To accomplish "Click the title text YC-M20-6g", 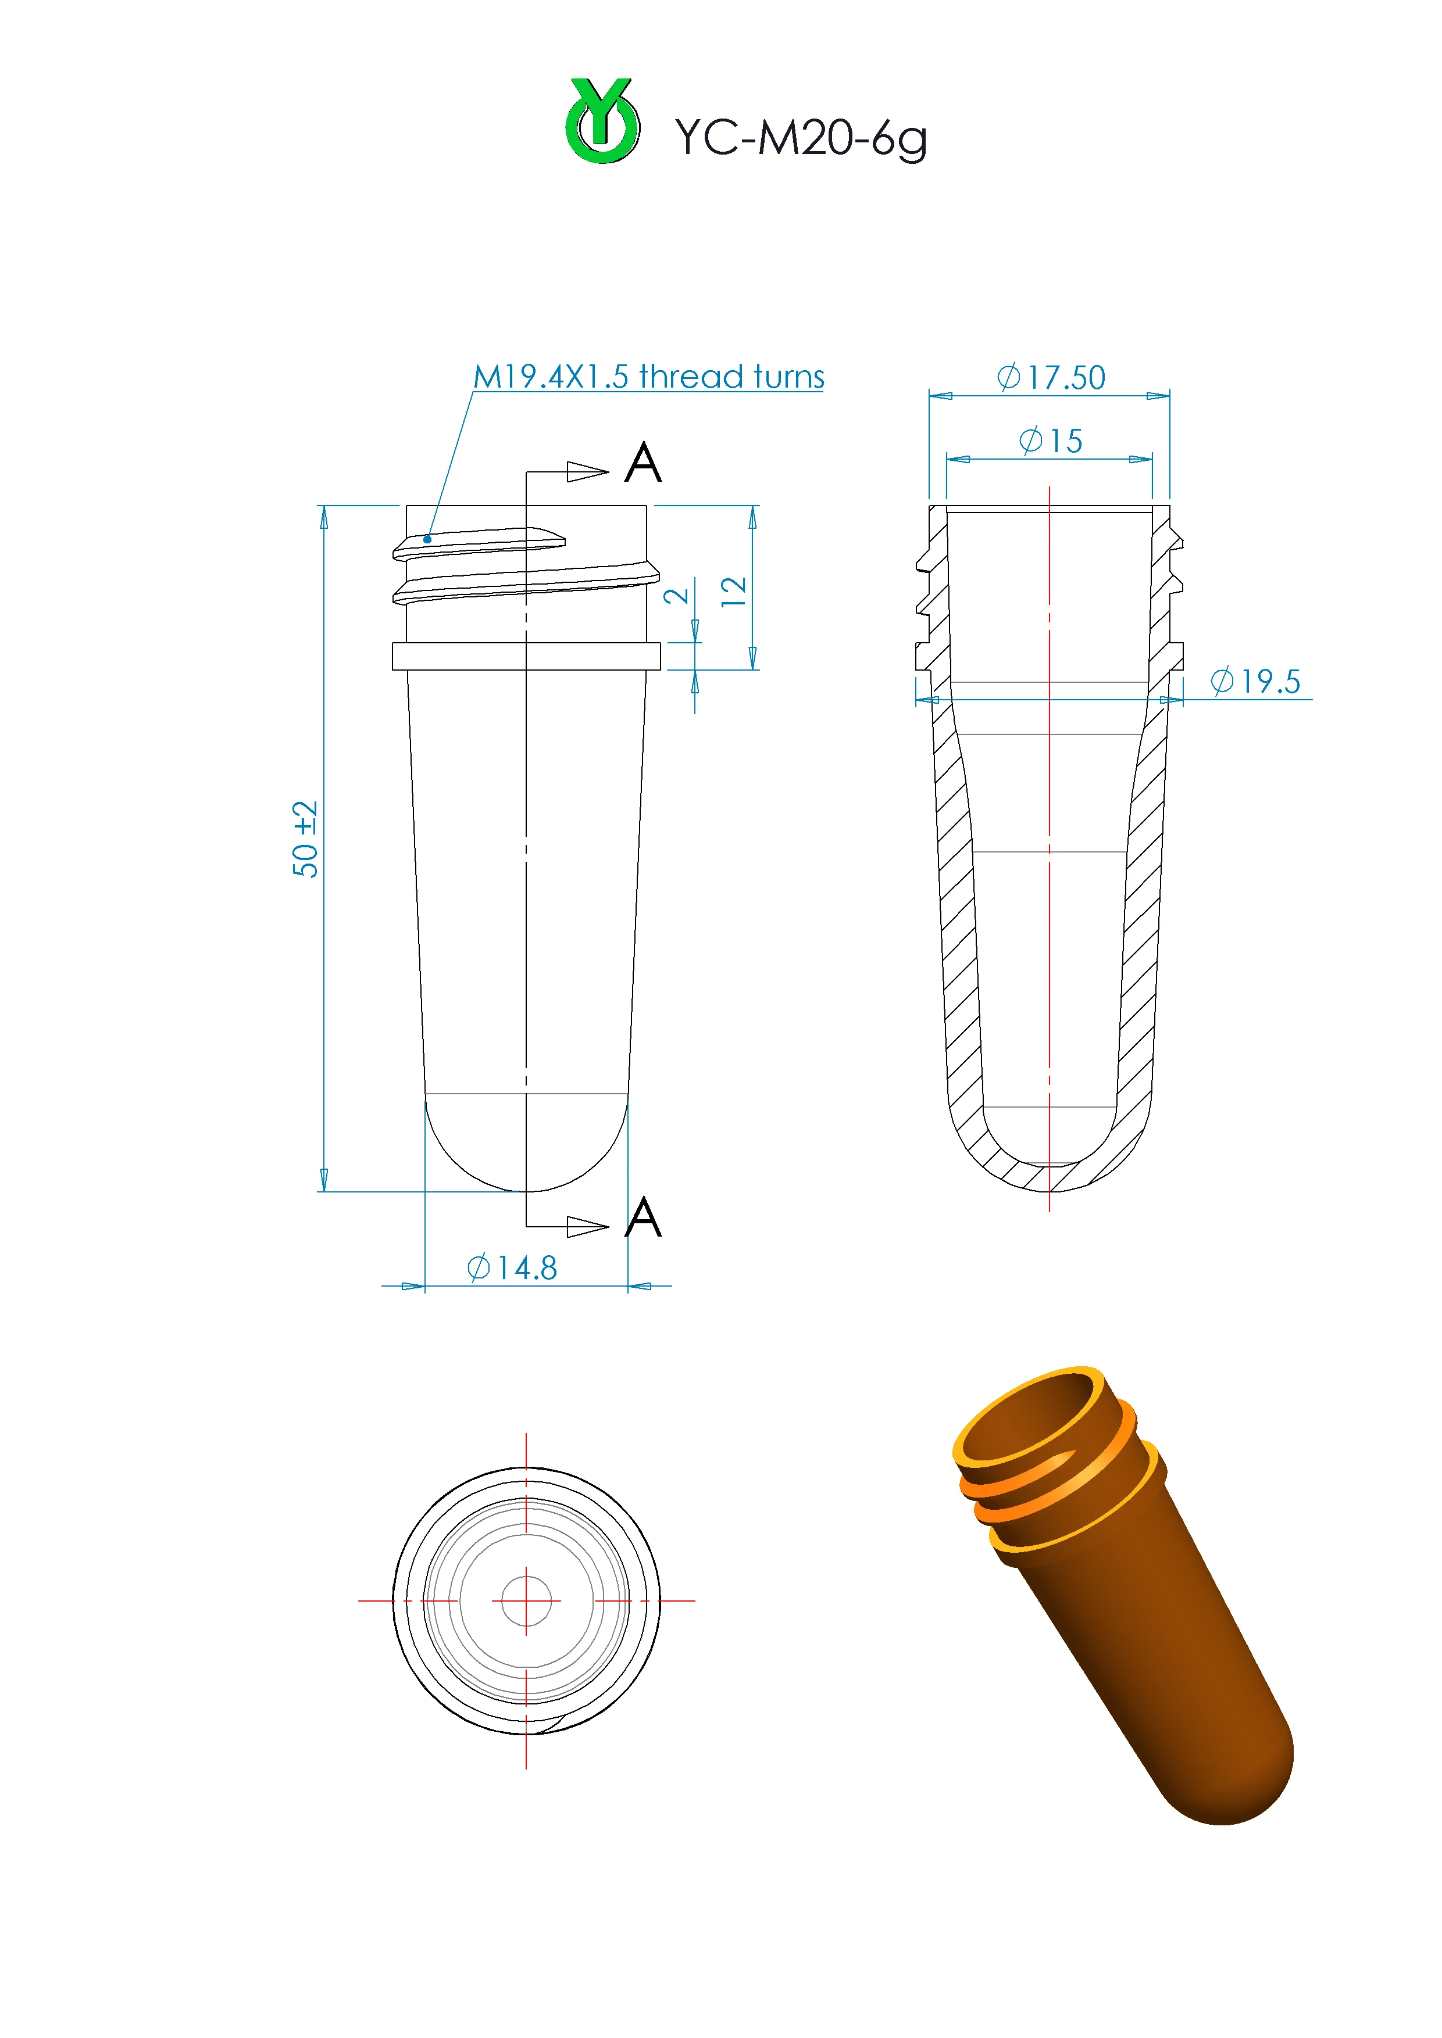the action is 801,138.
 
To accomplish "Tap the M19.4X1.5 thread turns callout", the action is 648,377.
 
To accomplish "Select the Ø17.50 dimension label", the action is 1051,377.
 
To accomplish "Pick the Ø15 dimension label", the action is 1051,440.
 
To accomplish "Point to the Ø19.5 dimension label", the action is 1255,681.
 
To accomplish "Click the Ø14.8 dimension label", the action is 512,1267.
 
